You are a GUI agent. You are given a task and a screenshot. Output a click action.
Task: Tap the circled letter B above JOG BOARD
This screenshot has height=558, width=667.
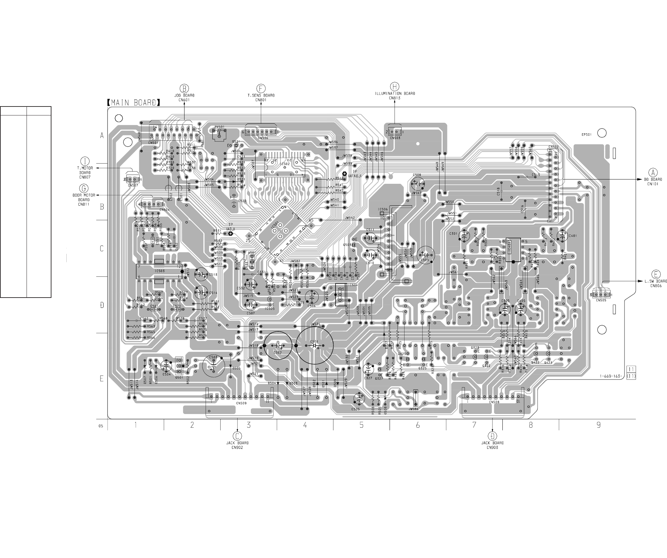pos(185,88)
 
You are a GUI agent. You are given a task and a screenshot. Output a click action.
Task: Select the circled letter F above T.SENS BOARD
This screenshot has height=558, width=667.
pos(261,88)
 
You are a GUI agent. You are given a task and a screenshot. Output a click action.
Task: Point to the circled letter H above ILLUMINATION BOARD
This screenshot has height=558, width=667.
pos(394,87)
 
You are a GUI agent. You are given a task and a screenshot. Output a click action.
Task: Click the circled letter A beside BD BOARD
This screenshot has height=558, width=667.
pos(653,173)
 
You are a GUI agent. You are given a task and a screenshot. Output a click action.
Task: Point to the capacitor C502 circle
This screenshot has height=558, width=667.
pos(278,346)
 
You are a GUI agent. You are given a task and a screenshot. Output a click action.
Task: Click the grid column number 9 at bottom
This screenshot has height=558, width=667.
pos(598,425)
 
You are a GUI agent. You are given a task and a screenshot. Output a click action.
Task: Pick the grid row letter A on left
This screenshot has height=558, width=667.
pos(102,135)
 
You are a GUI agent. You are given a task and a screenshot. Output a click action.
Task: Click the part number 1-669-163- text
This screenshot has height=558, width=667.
pos(611,376)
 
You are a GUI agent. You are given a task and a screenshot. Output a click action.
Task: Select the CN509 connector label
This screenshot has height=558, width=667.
pos(241,403)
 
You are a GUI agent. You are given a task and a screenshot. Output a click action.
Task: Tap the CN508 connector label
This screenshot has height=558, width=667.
pos(494,402)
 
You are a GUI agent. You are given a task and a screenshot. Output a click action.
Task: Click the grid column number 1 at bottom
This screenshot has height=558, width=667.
pos(136,425)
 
